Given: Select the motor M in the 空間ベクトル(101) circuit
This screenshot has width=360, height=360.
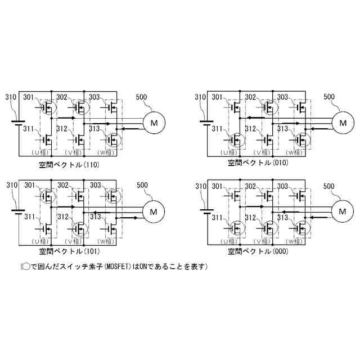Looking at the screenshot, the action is pos(153,211).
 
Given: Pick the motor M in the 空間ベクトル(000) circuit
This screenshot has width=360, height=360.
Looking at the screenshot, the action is pos(341,211).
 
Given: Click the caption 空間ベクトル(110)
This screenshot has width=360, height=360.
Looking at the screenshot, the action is pos(69,164).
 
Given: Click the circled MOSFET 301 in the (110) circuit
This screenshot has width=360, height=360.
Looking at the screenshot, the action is pos(49,106).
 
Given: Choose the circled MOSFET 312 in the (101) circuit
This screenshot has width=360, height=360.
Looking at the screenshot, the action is pos(81,229).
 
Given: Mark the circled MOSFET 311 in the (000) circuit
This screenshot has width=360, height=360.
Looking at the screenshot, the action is pos(237,229).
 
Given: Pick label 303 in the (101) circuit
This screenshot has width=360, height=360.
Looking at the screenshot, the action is pos(95,185).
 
